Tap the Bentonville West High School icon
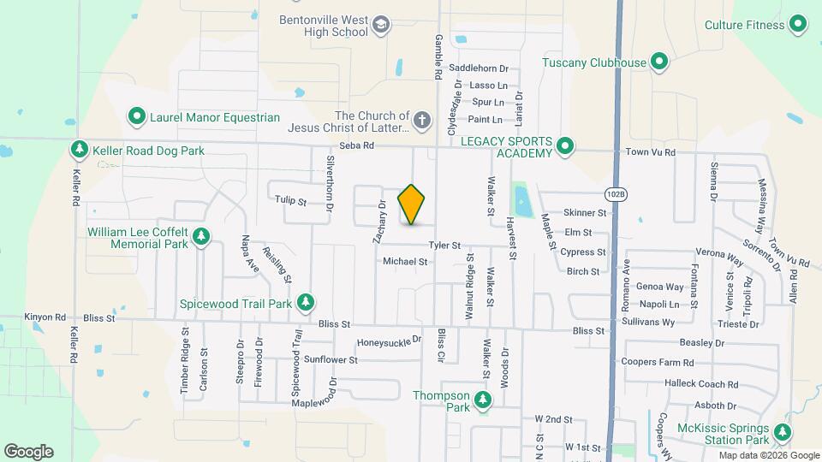pyautogui.click(x=381, y=26)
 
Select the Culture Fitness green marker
pyautogui.click(x=798, y=25)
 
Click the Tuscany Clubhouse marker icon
pyautogui.click(x=659, y=62)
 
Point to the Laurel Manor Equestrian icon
pyautogui.click(x=136, y=116)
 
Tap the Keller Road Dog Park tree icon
pyautogui.click(x=79, y=151)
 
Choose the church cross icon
pyautogui.click(x=421, y=121)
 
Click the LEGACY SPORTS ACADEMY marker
pyautogui.click(x=564, y=146)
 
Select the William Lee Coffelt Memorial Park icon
pyautogui.click(x=201, y=236)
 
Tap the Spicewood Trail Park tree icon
pyautogui.click(x=305, y=303)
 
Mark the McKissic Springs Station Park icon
pyautogui.click(x=783, y=433)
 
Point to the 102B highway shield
pyautogui.click(x=616, y=194)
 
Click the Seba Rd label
pyautogui.click(x=357, y=146)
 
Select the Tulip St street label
pyautogui.click(x=290, y=202)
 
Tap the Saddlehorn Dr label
pyautogui.click(x=479, y=68)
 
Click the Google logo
pyautogui.click(x=28, y=451)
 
